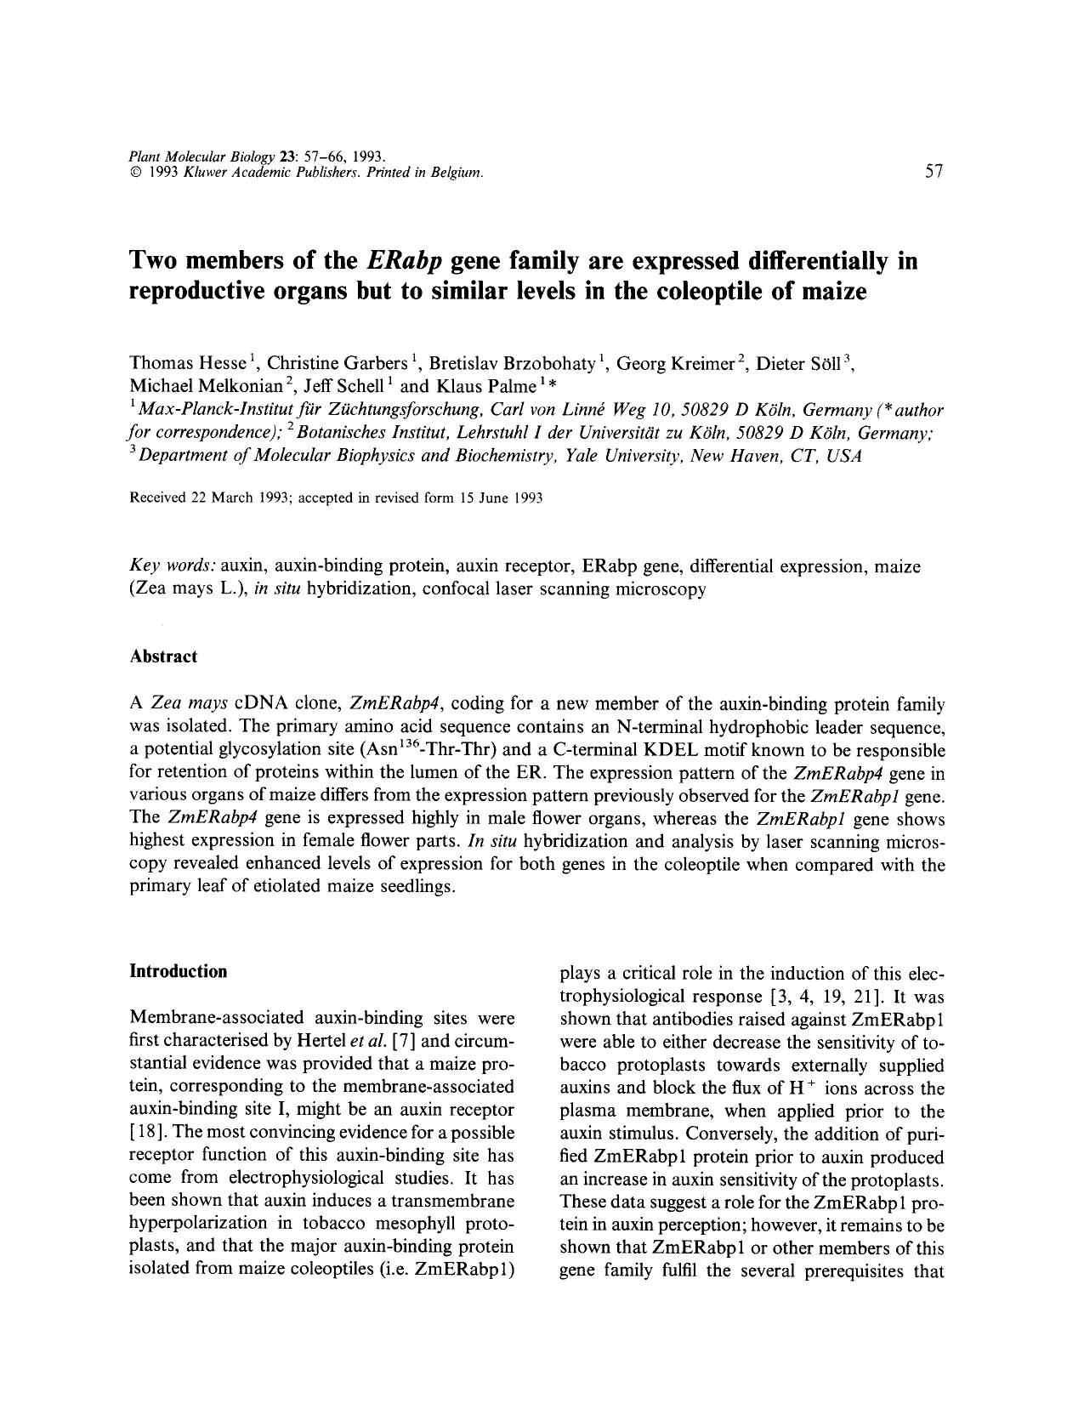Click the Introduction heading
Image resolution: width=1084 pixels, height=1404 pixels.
[x=178, y=971]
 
